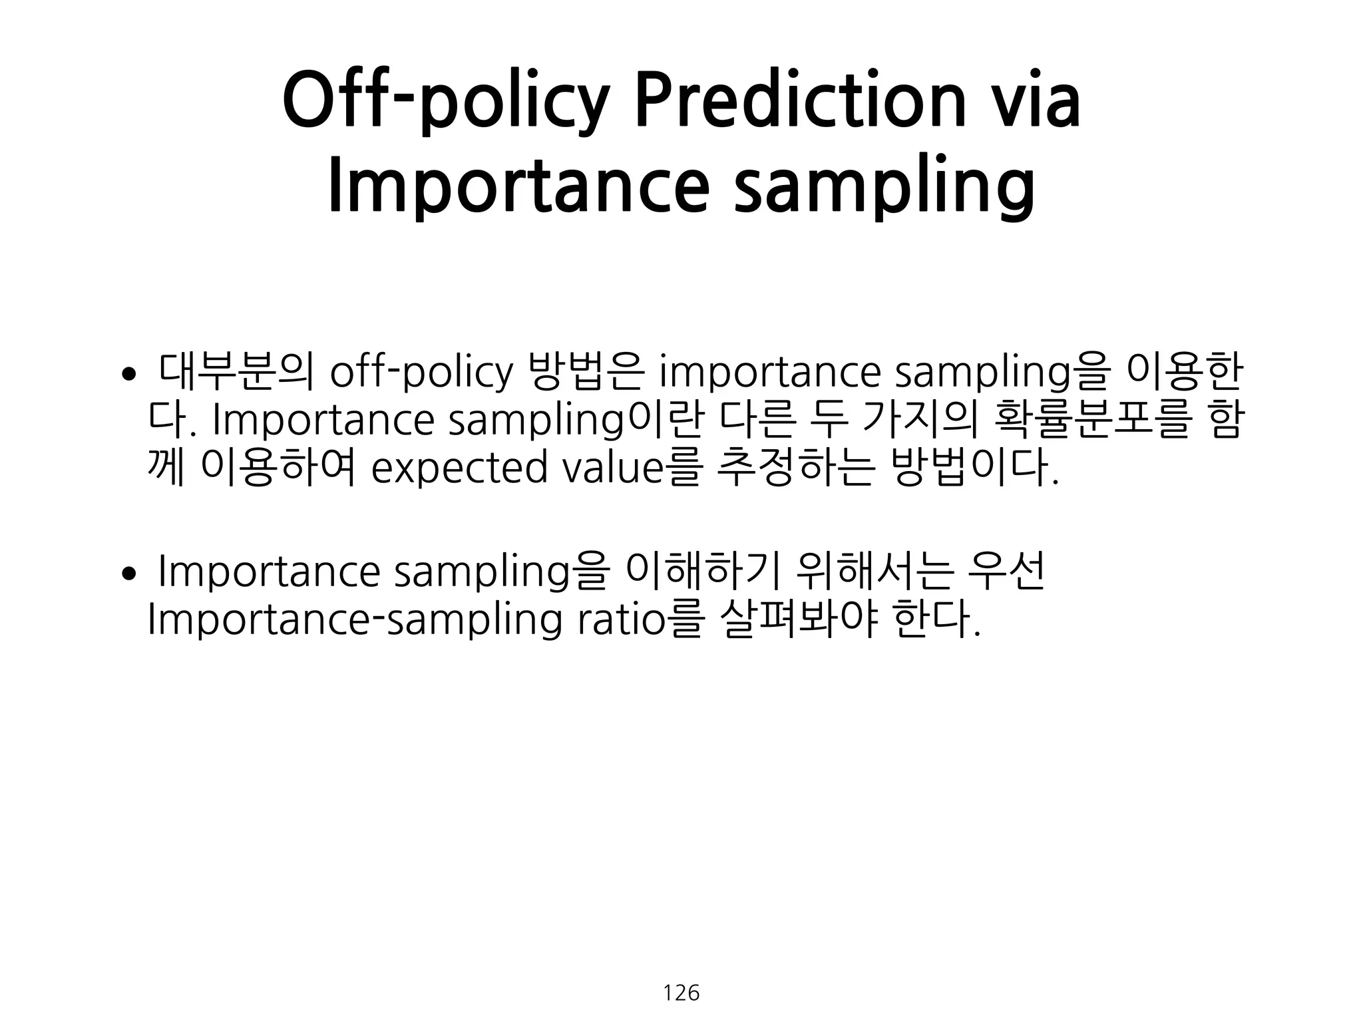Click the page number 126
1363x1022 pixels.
click(x=681, y=993)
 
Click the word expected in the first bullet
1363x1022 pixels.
click(x=459, y=468)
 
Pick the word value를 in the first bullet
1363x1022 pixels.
click(x=632, y=468)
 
